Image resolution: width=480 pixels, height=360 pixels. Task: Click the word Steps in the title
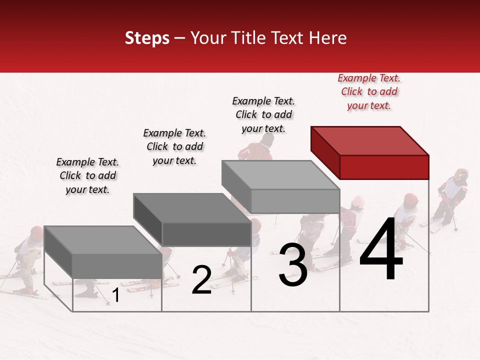coord(147,38)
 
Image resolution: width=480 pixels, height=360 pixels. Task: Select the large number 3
coord(293,264)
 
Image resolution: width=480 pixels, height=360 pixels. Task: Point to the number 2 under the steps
coord(201,280)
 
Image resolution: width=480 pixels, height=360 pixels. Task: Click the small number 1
coord(115,295)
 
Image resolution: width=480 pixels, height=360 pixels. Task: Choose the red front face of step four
coord(384,167)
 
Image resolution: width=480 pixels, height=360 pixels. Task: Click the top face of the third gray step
coord(280,175)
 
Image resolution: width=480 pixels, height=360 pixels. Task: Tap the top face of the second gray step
coord(191,208)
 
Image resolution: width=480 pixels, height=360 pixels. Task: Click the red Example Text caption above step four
coord(369,91)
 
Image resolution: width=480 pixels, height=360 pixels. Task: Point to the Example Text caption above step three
coord(263,114)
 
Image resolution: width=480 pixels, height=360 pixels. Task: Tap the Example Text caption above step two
coord(174,146)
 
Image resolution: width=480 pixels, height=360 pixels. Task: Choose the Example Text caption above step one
coord(87,175)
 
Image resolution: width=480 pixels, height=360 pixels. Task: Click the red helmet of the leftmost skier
coord(36,232)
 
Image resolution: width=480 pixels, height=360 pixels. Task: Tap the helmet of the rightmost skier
coord(461,174)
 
